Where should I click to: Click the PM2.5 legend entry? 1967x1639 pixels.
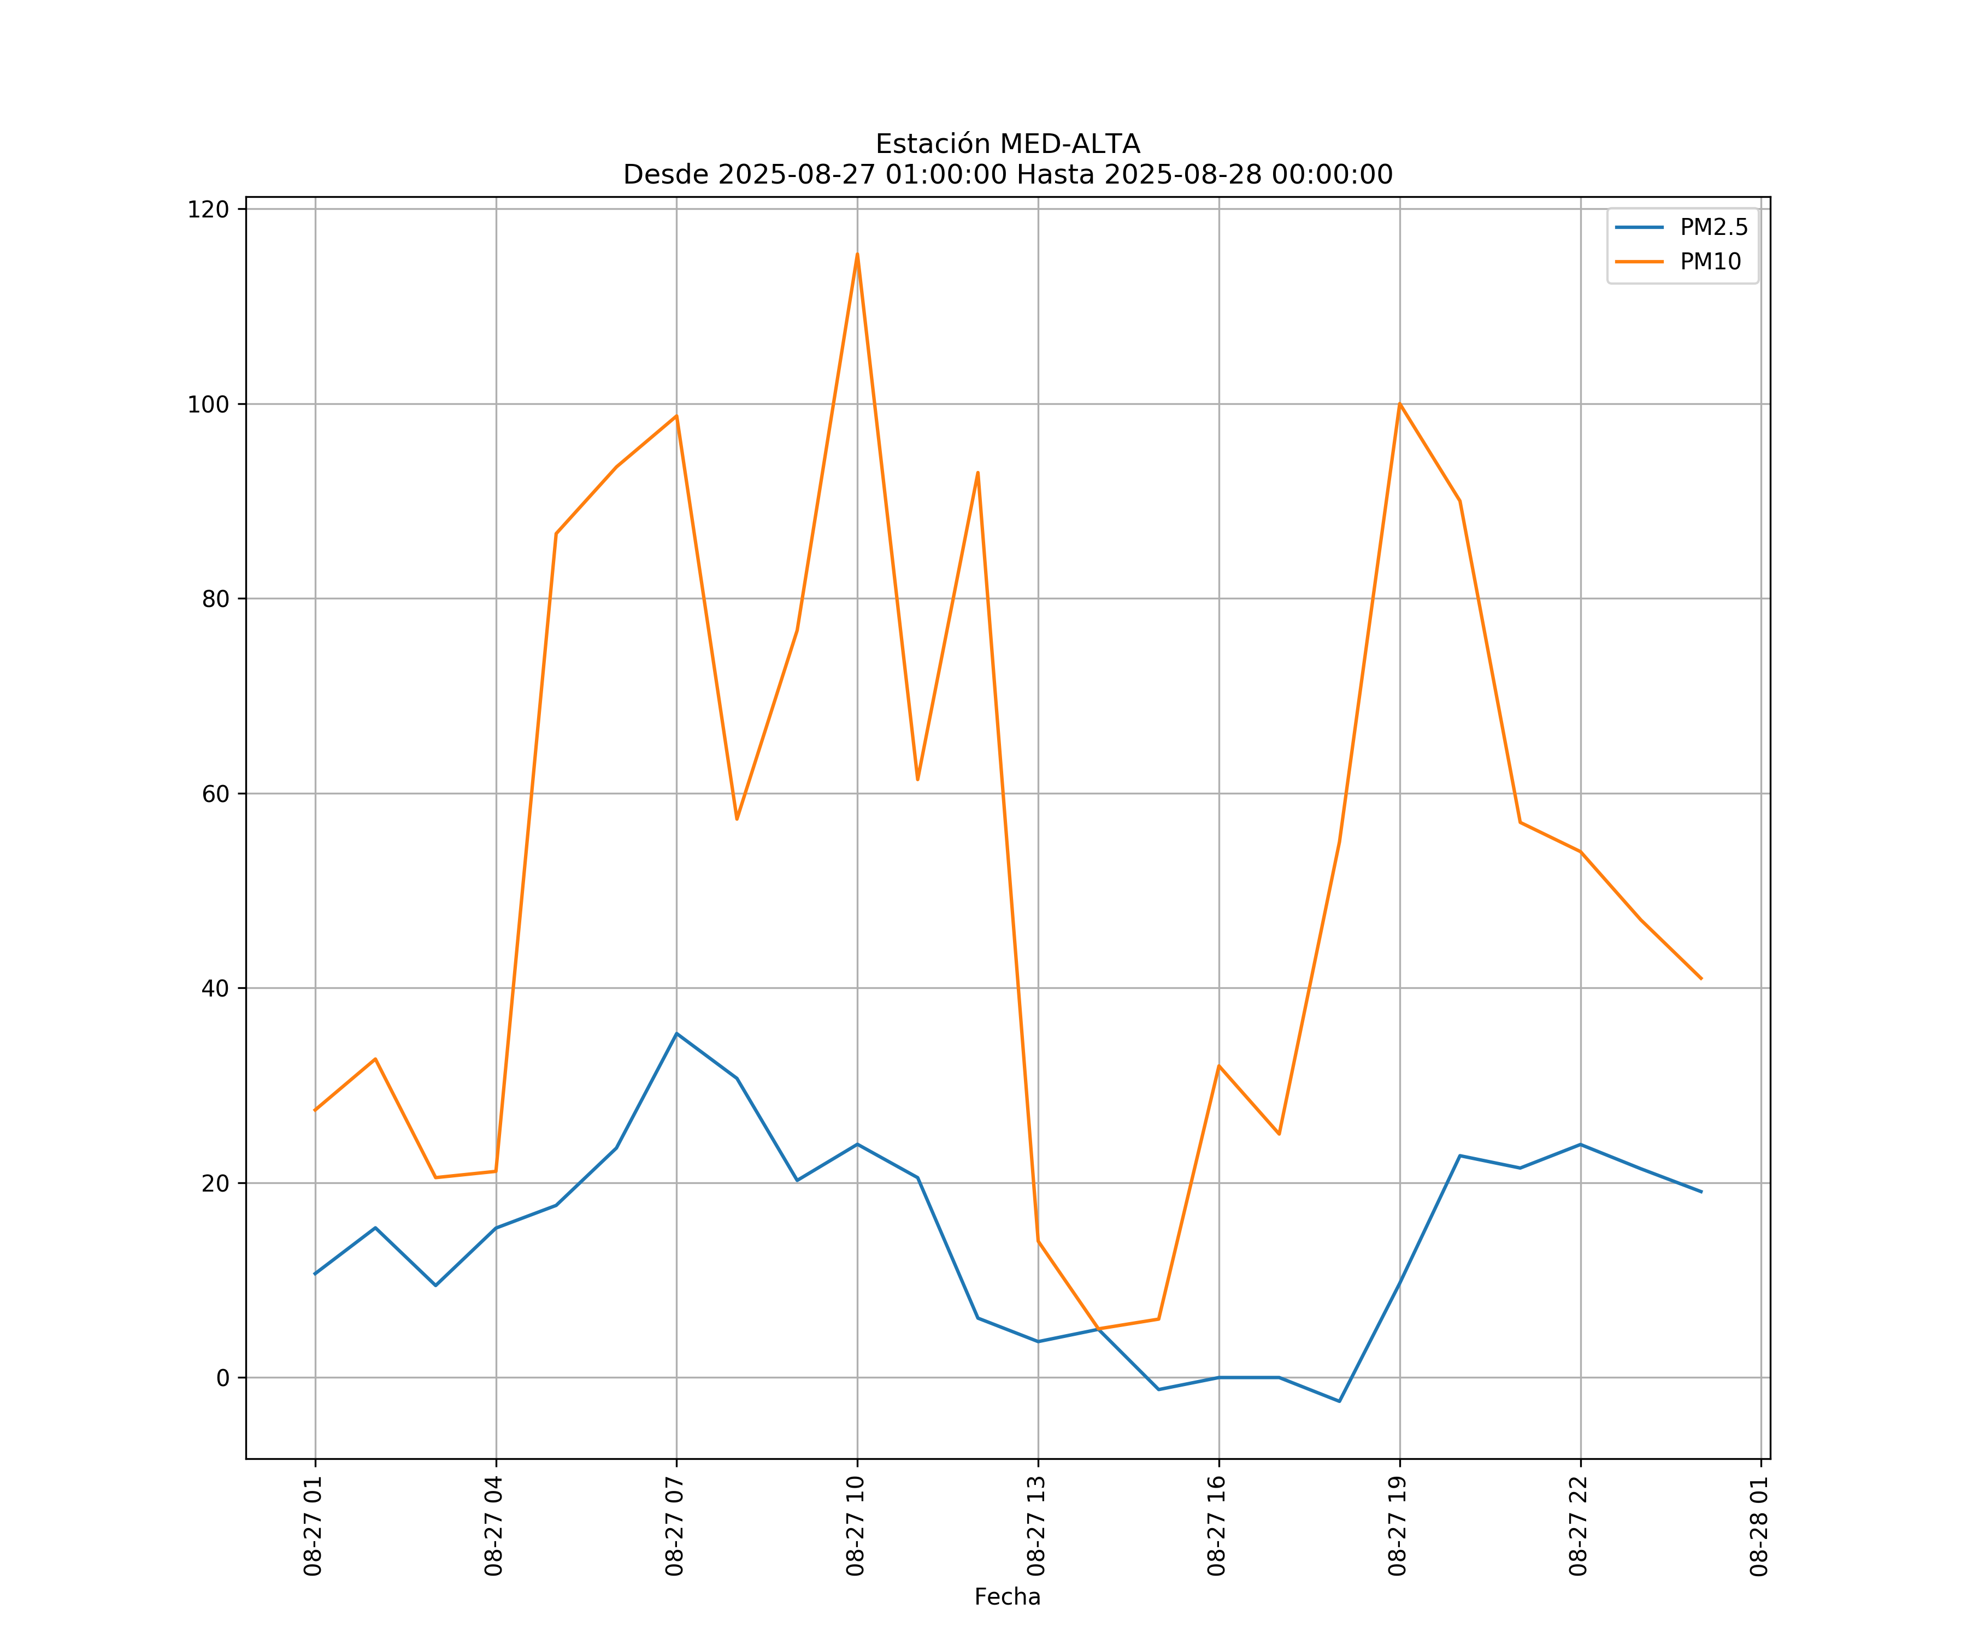[1713, 228]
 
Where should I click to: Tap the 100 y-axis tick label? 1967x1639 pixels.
[208, 405]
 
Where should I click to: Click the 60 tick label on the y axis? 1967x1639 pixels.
[215, 794]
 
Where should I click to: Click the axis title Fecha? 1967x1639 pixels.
[1007, 1597]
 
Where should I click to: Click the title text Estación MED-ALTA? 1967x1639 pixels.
[1007, 144]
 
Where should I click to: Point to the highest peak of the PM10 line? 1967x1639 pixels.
[857, 254]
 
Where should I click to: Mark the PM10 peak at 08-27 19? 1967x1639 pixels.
[1399, 404]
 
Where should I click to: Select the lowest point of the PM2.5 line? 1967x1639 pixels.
[1339, 1401]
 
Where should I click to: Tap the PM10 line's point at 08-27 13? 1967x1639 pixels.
[1038, 1241]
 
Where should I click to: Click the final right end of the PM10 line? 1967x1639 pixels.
[1701, 978]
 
